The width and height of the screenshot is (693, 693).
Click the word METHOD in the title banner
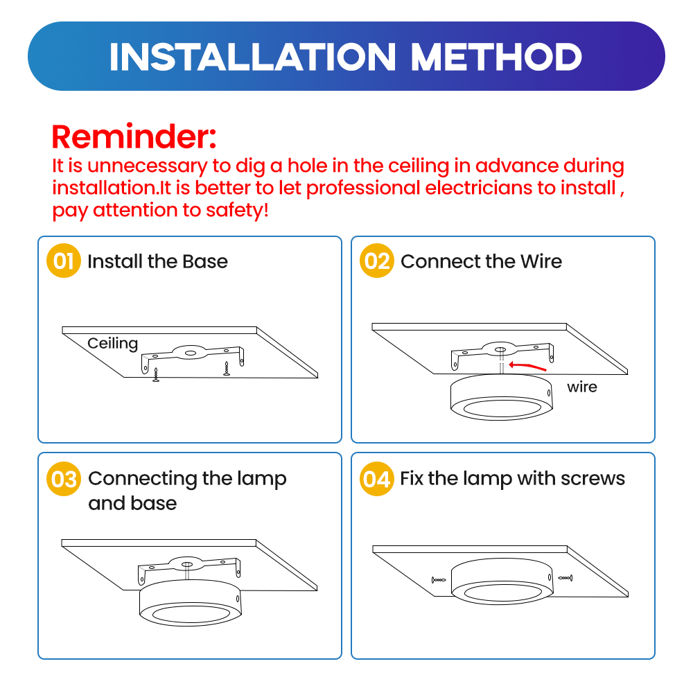(496, 57)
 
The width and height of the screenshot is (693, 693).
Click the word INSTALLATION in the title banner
(252, 57)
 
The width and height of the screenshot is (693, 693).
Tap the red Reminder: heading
(134, 137)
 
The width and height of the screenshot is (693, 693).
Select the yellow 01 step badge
(64, 261)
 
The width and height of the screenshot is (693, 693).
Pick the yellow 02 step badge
(376, 261)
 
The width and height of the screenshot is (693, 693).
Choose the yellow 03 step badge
(64, 479)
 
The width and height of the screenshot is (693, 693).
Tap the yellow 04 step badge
(376, 479)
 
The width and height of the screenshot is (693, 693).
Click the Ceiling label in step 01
(113, 344)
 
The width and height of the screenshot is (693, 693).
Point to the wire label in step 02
(582, 387)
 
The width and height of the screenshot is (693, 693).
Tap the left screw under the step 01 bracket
(155, 375)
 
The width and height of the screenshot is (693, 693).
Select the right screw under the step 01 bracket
(227, 369)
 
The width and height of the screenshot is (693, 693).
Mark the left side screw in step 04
(439, 580)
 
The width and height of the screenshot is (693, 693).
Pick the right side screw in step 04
(565, 578)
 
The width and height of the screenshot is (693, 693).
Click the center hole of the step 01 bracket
(191, 353)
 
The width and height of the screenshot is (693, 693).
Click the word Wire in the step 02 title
(541, 261)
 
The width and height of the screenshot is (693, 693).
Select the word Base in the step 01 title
(205, 261)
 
